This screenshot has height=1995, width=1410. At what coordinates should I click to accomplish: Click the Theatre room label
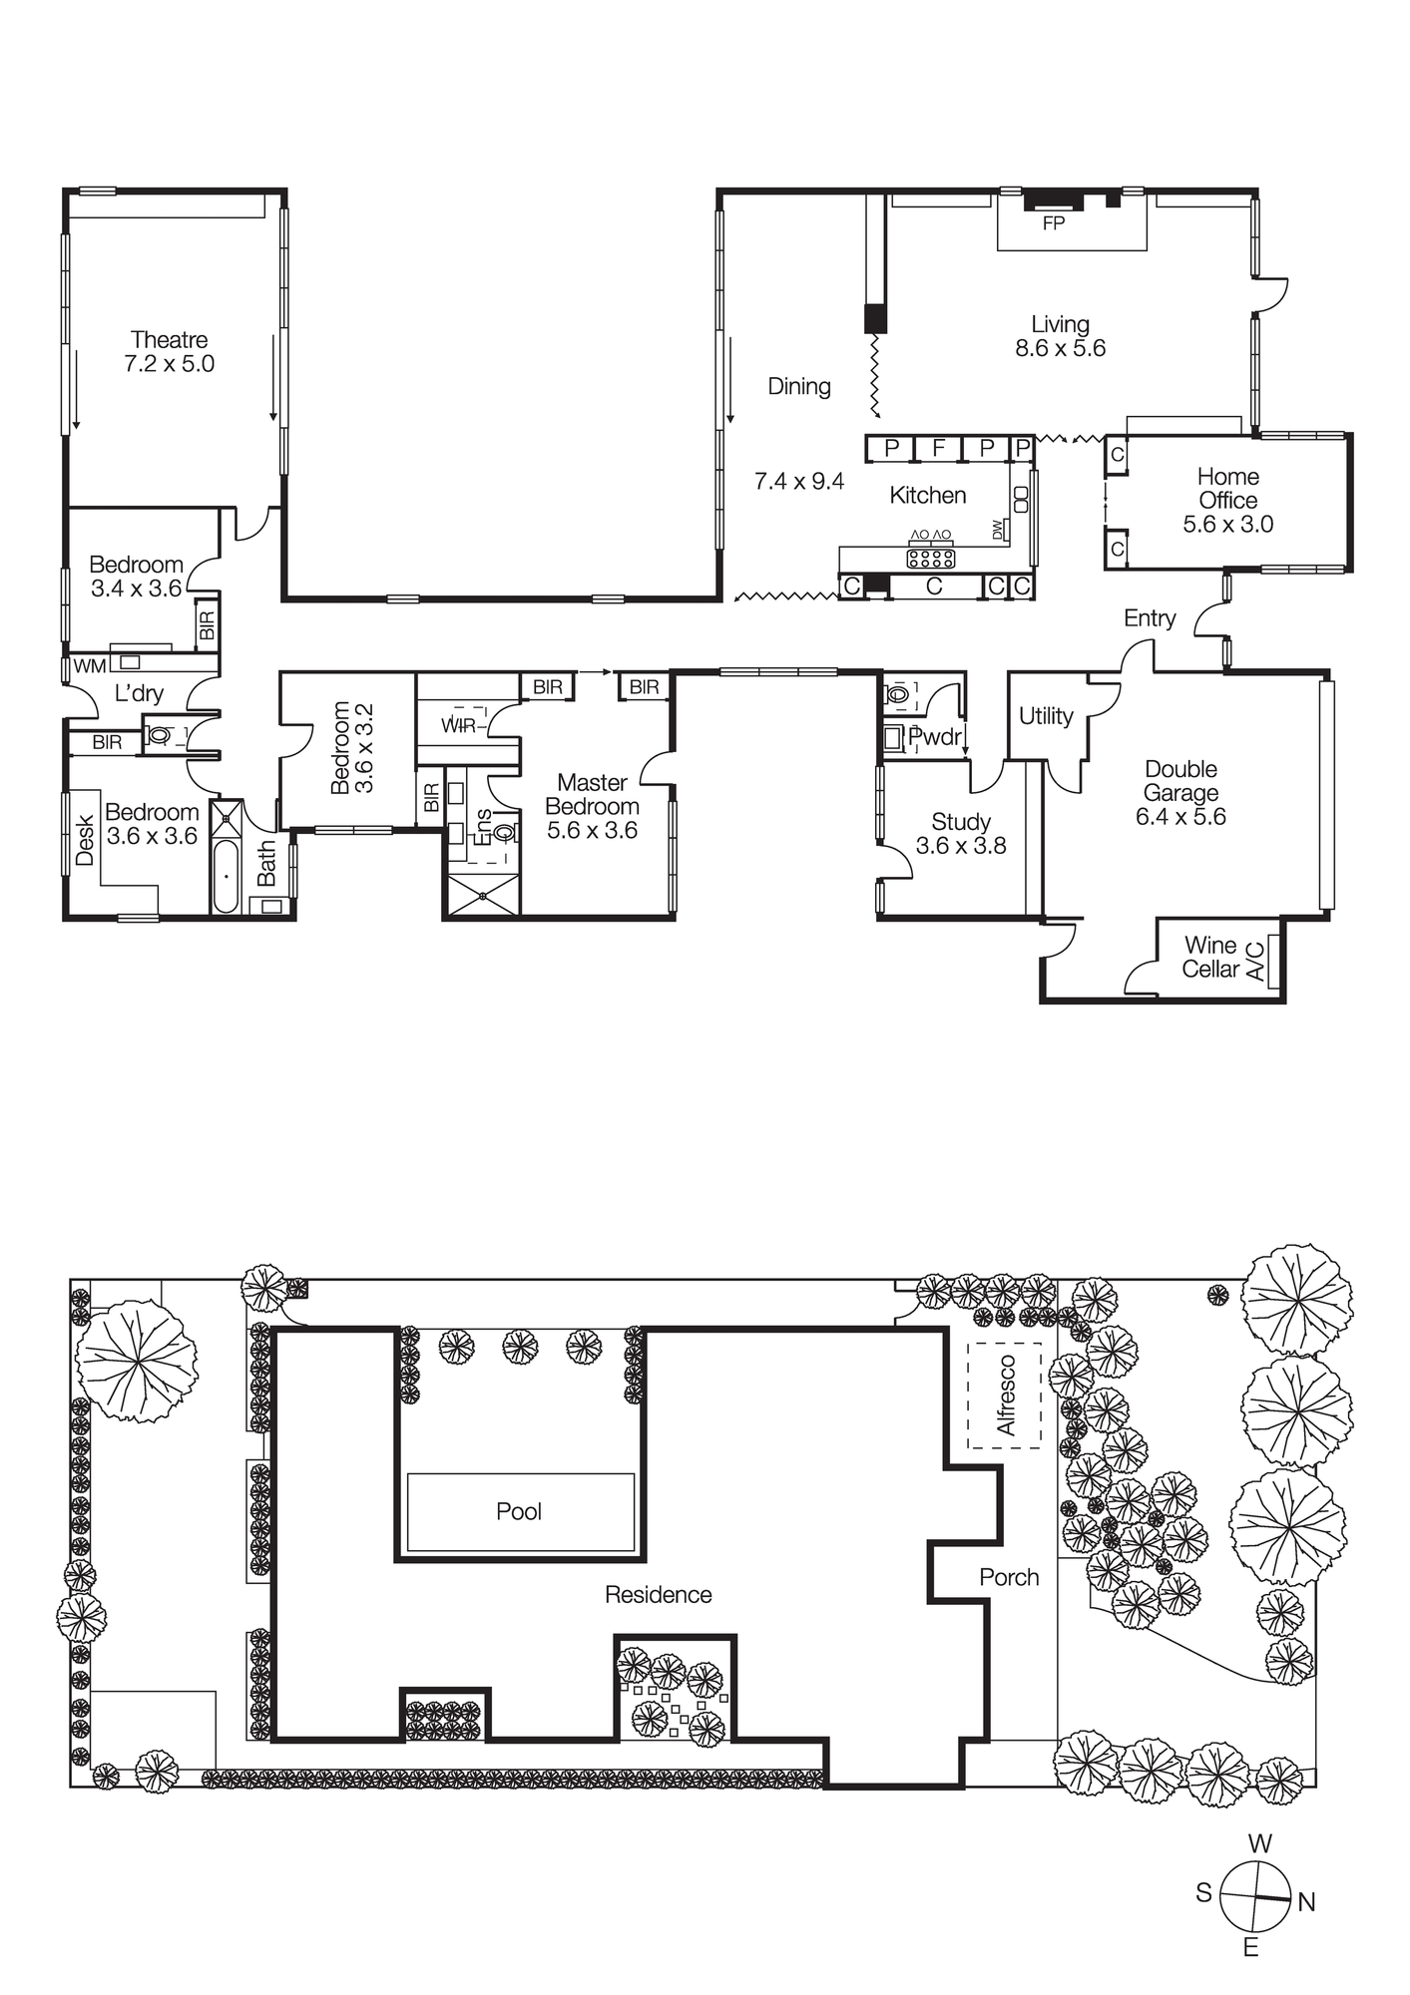(169, 340)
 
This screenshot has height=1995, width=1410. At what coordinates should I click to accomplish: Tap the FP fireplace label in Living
(1053, 223)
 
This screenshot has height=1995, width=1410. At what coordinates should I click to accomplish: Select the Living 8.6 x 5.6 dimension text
(1060, 348)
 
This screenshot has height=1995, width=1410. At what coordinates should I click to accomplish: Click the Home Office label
(1227, 489)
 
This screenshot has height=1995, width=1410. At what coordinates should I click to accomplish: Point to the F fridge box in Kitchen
(938, 448)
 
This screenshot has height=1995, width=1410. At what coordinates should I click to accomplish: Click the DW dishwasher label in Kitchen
(997, 530)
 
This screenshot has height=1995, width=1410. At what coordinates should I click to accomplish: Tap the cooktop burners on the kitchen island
(930, 558)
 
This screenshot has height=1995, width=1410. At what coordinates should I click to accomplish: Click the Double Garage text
(1180, 781)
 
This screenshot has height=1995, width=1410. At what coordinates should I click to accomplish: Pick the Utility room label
(1045, 716)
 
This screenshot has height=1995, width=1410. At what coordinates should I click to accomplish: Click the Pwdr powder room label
(935, 737)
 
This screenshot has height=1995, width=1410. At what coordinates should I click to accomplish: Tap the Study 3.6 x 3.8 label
(960, 834)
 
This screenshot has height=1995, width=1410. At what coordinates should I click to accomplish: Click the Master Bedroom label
(592, 795)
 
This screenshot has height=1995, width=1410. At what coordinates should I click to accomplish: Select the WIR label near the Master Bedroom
(459, 725)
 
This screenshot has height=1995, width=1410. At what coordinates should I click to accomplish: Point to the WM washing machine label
(89, 666)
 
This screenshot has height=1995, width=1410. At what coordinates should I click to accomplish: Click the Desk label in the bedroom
(85, 840)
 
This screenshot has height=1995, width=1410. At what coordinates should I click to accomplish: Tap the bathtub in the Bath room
(227, 876)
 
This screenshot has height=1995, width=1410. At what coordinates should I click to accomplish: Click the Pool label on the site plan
(519, 1511)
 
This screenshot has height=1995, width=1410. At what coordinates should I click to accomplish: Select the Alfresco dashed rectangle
(1005, 1395)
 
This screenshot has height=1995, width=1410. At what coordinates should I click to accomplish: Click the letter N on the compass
(1306, 1902)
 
